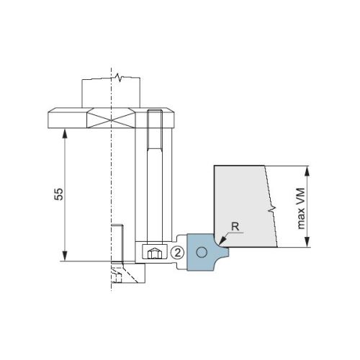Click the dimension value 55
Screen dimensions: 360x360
59,194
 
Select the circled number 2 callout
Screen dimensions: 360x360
178,253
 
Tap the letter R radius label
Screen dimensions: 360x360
235,227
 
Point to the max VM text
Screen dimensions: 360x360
301,209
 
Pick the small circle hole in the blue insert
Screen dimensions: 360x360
202,252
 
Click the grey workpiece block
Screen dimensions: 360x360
245,206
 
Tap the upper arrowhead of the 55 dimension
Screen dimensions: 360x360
65,133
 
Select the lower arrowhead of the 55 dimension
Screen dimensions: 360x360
65,256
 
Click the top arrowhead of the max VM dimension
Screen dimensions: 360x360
307,171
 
